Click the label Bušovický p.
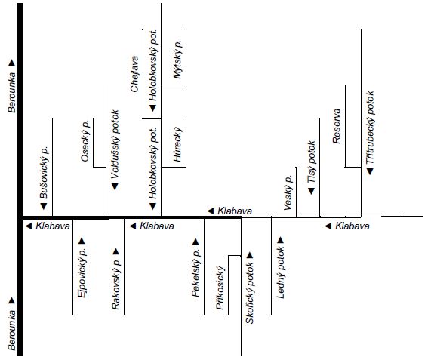point(44,173)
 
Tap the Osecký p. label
point(85,140)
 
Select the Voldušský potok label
point(115,144)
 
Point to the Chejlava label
point(134,74)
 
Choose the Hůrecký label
point(177,144)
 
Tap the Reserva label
point(337,126)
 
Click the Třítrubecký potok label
point(370,128)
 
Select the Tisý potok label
point(312,162)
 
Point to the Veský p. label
point(288,192)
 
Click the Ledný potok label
point(281,272)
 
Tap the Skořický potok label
point(250,293)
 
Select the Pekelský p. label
point(195,273)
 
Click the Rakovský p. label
point(116,284)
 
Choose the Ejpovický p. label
point(82,272)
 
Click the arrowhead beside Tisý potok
point(312,191)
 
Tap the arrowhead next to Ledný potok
point(280,240)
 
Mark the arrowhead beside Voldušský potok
point(115,186)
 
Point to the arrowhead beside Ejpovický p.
point(82,241)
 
